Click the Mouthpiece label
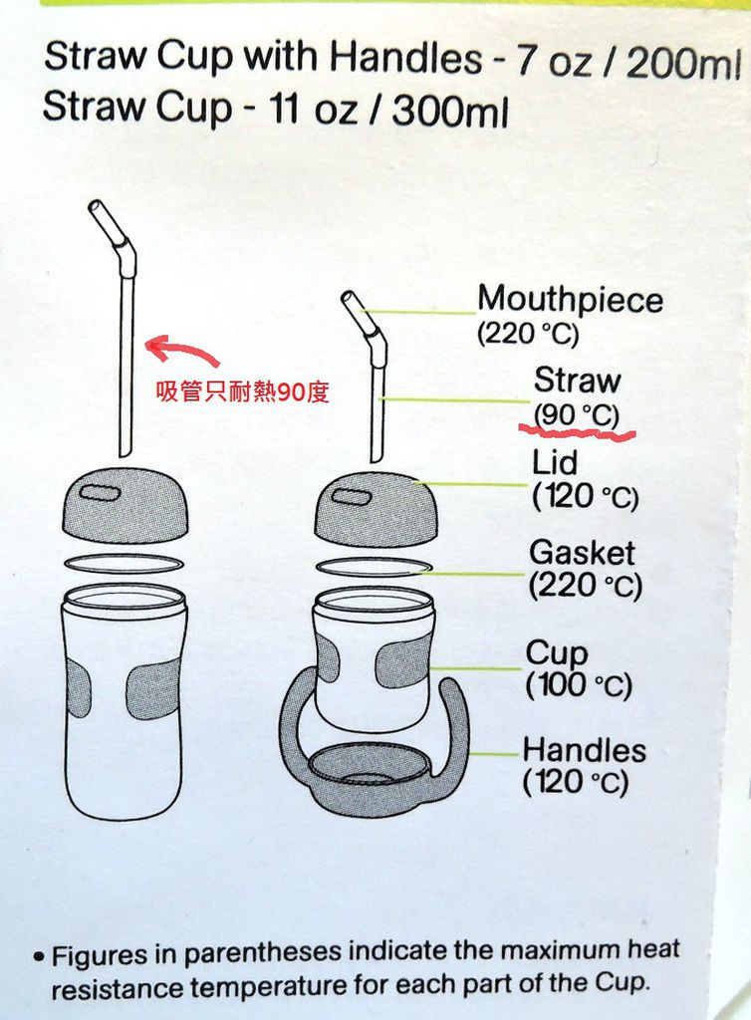point(570,300)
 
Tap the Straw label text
point(577,380)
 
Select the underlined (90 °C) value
point(576,415)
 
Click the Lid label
point(554,462)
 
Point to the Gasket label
point(582,553)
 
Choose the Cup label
point(556,653)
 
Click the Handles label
point(584,750)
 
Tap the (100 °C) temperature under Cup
point(578,685)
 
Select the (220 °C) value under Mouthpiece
point(527,335)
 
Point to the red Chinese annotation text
point(242,392)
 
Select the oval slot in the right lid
point(352,496)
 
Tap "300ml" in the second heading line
point(449,111)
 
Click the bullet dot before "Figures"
point(40,957)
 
